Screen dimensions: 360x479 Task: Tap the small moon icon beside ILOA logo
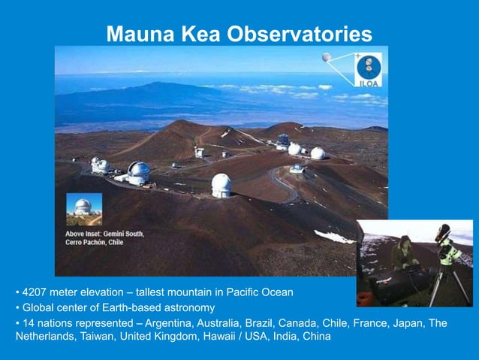click(327, 57)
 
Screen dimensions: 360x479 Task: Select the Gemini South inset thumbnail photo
click(83, 208)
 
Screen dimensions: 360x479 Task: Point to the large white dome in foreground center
click(221, 185)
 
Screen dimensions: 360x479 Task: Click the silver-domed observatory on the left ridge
click(138, 171)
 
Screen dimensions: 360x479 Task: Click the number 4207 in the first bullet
click(35, 292)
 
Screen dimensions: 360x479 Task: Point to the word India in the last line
click(282, 336)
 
